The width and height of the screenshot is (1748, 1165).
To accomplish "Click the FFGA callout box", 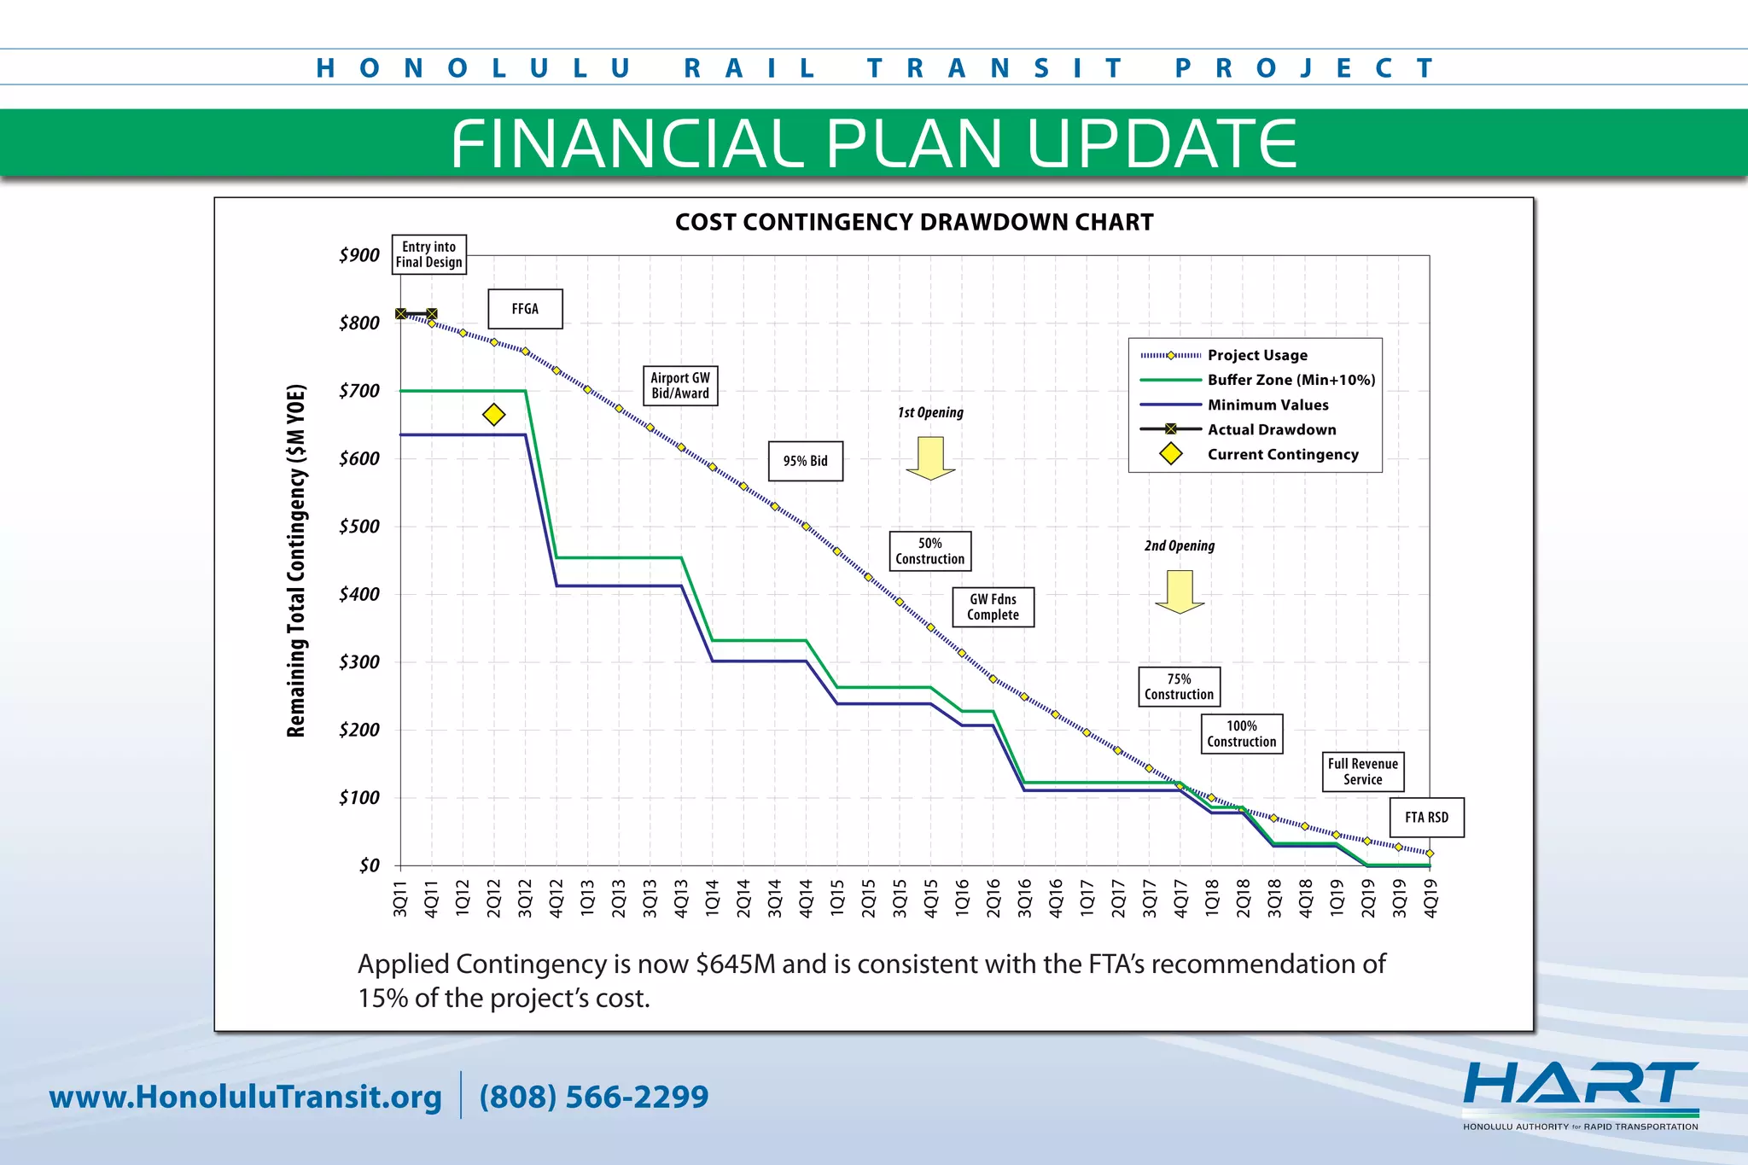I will (x=525, y=309).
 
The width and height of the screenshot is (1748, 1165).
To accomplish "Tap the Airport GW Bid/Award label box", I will (x=679, y=386).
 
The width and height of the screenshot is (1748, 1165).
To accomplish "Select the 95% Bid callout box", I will (x=805, y=461).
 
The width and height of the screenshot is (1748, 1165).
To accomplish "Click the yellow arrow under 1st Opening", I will (x=930, y=457).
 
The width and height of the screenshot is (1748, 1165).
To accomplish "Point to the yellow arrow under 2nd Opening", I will (x=1180, y=591).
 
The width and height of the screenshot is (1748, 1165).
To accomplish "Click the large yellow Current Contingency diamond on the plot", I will (x=493, y=415).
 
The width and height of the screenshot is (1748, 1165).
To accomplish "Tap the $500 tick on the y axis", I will (x=358, y=527).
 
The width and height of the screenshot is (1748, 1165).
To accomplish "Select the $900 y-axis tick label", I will (x=358, y=255).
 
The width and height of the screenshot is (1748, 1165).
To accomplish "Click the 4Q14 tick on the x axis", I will (x=806, y=899).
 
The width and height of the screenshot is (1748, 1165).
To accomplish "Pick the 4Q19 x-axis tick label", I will (x=1430, y=899).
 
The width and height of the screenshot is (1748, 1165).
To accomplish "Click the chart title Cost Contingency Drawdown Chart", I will (x=914, y=223).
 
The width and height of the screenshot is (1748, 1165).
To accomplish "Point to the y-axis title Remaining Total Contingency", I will (x=295, y=561).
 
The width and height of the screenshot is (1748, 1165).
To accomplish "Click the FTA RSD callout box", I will (x=1426, y=818).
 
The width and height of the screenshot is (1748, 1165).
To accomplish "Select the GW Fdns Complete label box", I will (x=993, y=607).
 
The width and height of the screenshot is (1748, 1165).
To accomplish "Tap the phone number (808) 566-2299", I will (x=594, y=1097).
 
